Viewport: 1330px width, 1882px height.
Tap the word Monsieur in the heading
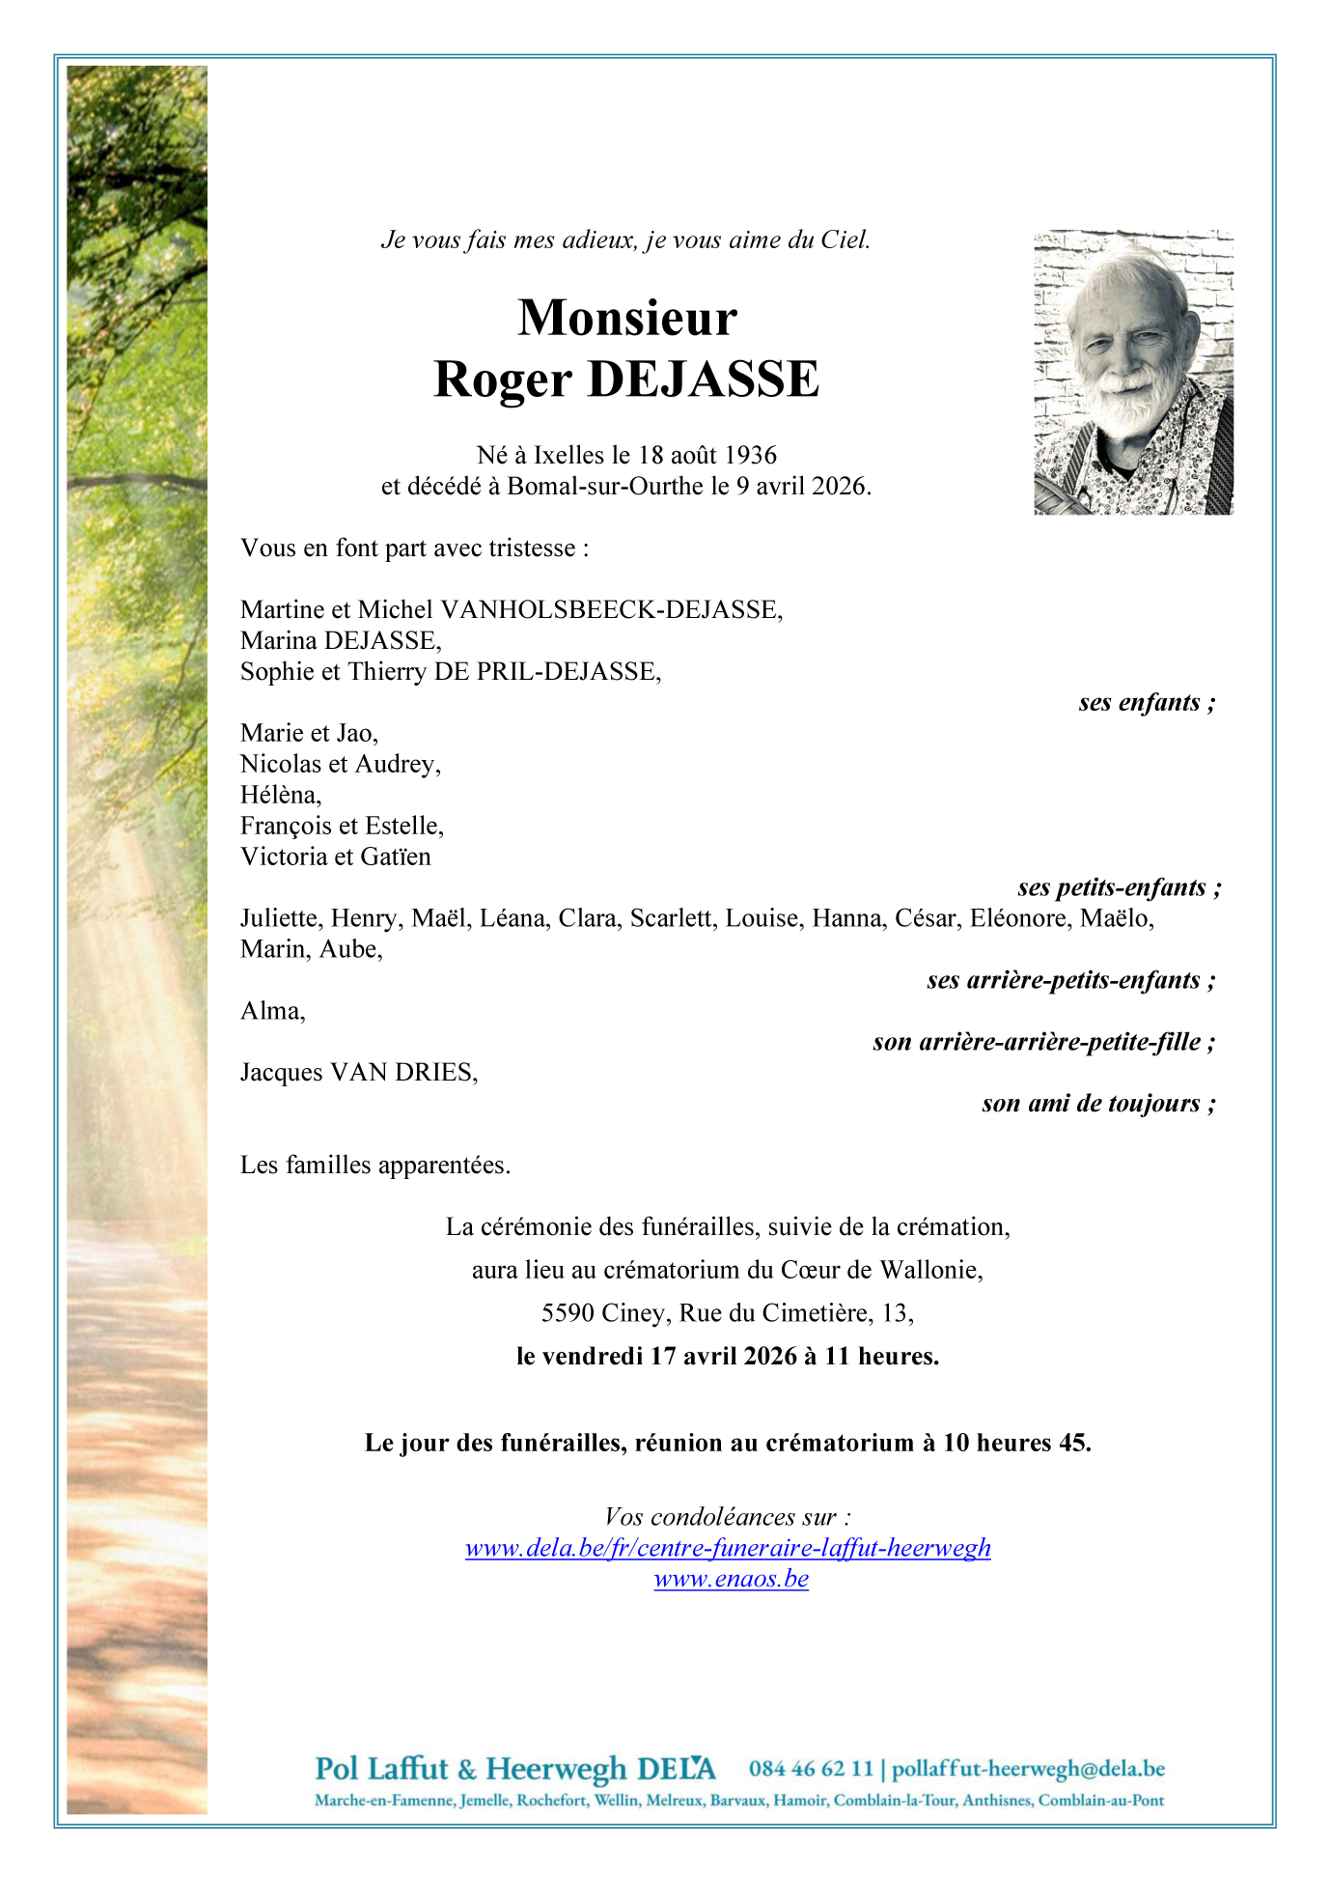[x=627, y=317]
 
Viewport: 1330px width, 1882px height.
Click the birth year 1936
[x=750, y=455]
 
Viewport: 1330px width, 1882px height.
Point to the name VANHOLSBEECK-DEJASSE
[x=610, y=609]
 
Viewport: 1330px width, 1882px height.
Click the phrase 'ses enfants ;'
[x=1147, y=702]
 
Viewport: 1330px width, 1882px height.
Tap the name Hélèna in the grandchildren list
[x=280, y=795]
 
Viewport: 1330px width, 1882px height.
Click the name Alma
[x=272, y=1011]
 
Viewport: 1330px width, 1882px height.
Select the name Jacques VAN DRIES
[x=359, y=1073]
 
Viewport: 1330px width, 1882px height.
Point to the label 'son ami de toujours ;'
[x=1098, y=1104]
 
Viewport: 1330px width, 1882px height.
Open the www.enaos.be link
[x=731, y=1579]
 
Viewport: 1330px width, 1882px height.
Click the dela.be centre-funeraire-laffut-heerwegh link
[x=728, y=1548]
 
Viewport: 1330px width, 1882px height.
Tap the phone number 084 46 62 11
[x=811, y=1769]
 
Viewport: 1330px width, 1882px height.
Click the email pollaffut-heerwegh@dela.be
[x=1028, y=1769]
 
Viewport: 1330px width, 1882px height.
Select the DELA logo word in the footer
[x=677, y=1769]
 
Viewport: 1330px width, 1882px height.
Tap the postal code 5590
[x=568, y=1313]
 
